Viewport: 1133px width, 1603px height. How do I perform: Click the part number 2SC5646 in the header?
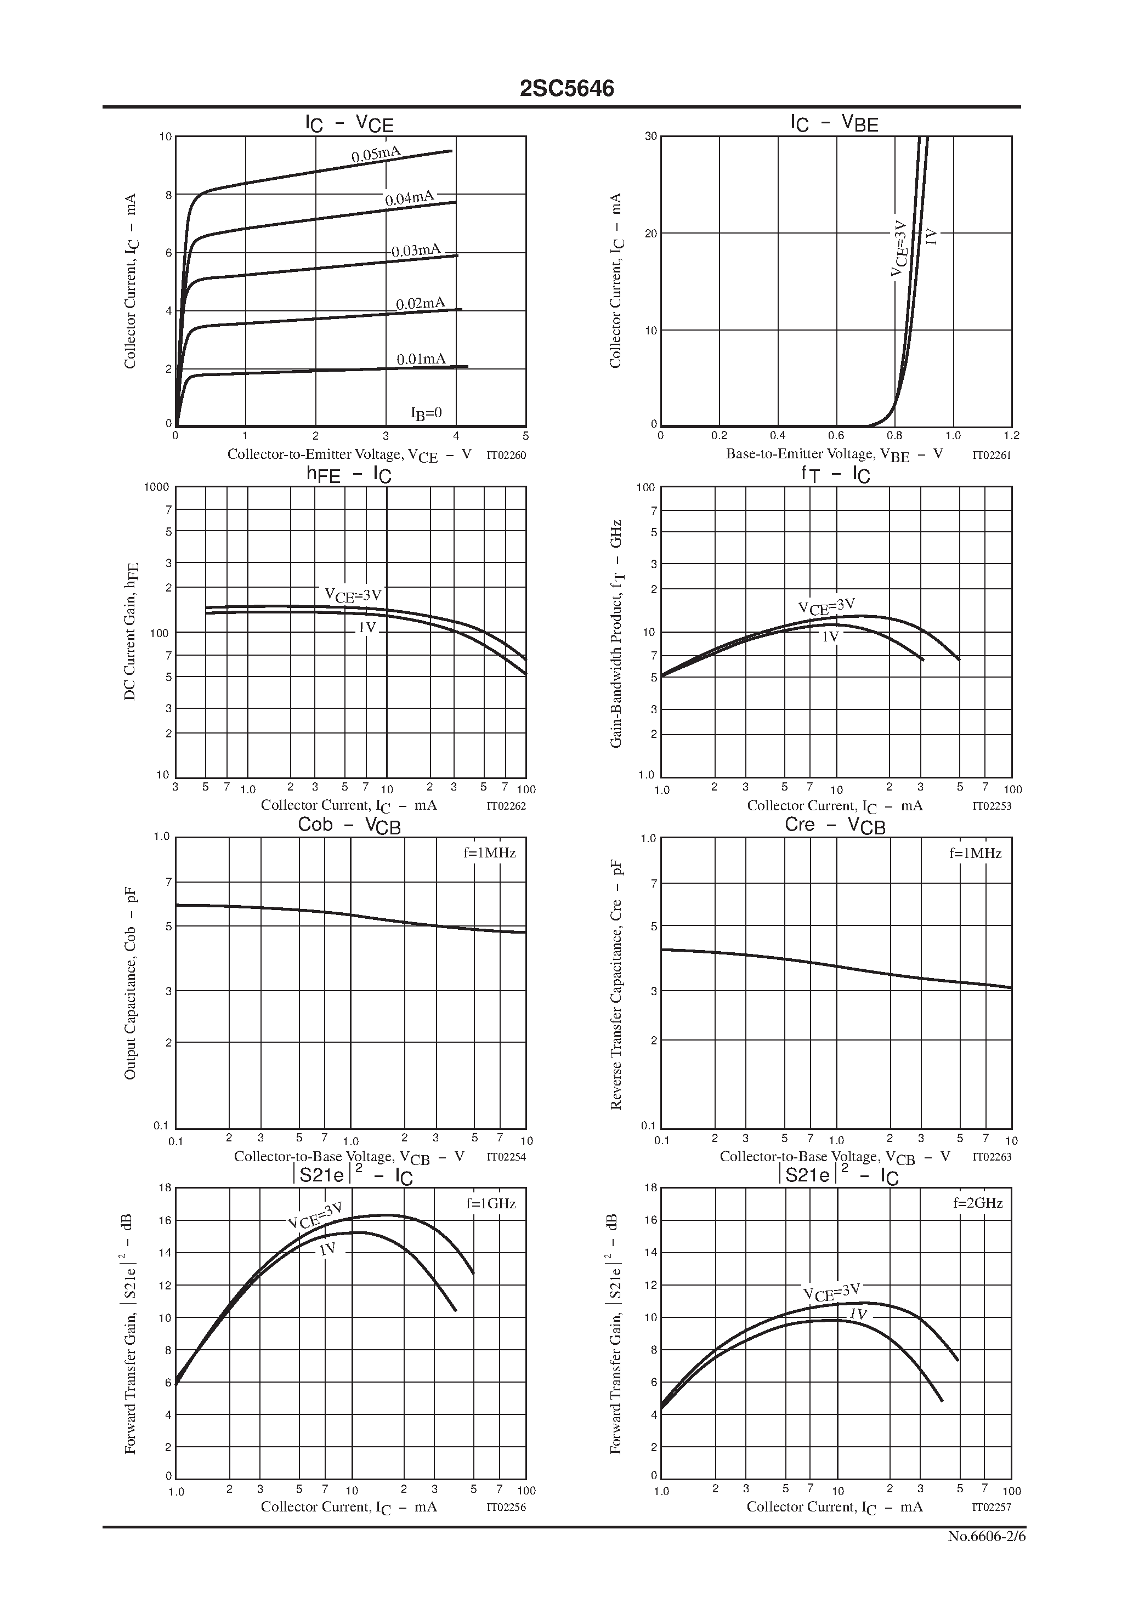[566, 89]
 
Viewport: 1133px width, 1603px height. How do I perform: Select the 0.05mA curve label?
[376, 154]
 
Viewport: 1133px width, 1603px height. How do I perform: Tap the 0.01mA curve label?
[421, 359]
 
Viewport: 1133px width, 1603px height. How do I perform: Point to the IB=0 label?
[426, 413]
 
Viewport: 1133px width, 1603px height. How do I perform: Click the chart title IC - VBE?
[834, 123]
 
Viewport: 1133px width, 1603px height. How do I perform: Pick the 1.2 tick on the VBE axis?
[1011, 436]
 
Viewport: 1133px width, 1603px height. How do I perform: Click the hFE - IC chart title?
[349, 475]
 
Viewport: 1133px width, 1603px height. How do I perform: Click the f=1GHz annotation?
[490, 1204]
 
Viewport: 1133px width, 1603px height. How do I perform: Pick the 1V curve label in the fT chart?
[830, 636]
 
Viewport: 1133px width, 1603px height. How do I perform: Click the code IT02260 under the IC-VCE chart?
[506, 455]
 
